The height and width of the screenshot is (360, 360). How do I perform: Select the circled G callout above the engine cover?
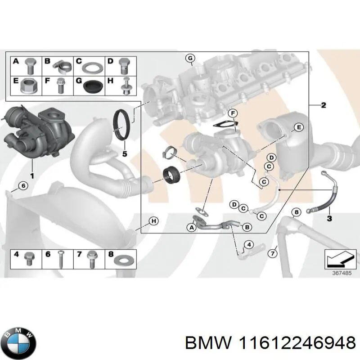tap(190, 58)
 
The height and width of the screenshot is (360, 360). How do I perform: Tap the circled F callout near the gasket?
tap(232, 112)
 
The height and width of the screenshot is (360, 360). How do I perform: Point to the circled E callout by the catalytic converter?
tap(297, 128)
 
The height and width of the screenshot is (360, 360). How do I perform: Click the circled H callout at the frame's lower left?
tap(153, 221)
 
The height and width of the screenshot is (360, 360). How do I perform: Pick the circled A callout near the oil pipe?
tap(192, 228)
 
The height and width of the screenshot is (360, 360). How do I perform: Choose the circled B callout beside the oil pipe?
tap(246, 228)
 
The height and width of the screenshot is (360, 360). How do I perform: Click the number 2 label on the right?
tap(323, 105)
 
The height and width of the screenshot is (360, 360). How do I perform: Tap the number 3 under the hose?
tap(329, 218)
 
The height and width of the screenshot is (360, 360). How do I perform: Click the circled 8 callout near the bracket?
tap(296, 212)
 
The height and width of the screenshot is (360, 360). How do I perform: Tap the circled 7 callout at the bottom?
tap(272, 254)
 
